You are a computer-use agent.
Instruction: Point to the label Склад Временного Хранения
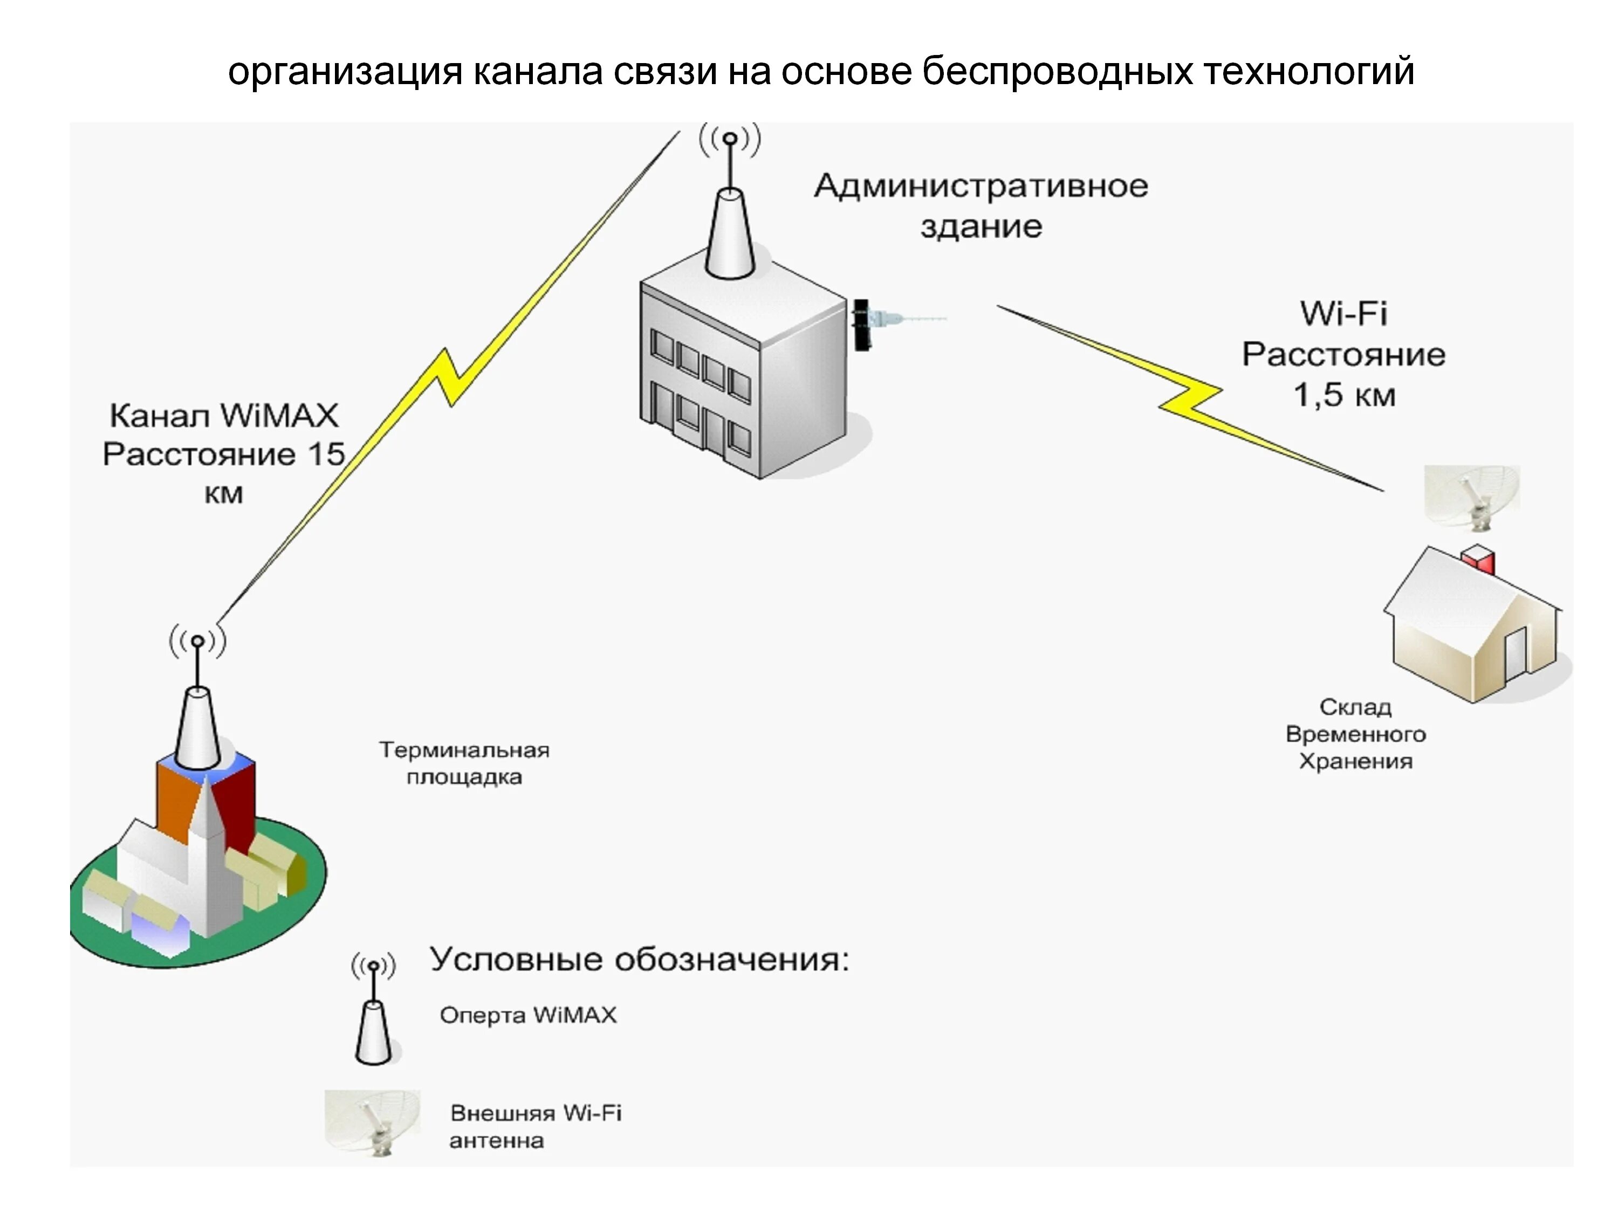(1355, 734)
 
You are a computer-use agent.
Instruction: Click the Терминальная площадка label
(464, 763)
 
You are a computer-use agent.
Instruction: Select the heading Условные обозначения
(639, 959)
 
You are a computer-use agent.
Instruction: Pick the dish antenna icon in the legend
(373, 1122)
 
